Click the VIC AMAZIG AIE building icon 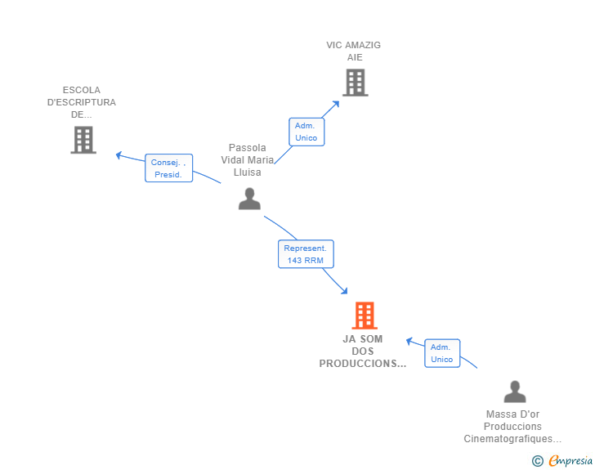coord(355,83)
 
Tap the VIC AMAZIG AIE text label coord(353,51)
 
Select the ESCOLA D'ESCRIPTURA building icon coord(83,140)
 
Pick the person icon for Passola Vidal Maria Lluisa coord(249,199)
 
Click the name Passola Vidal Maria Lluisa coord(248,160)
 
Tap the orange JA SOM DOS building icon coord(364,316)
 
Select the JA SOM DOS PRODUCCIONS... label coord(362,351)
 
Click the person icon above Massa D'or coord(514,392)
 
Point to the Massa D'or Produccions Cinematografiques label coord(512,427)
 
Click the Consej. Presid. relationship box coord(169,168)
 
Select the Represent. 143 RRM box coord(305,254)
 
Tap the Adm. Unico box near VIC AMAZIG coord(306,132)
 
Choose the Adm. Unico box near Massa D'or coord(442,354)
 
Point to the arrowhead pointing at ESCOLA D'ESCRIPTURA coord(119,154)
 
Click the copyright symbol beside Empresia coord(538,461)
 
